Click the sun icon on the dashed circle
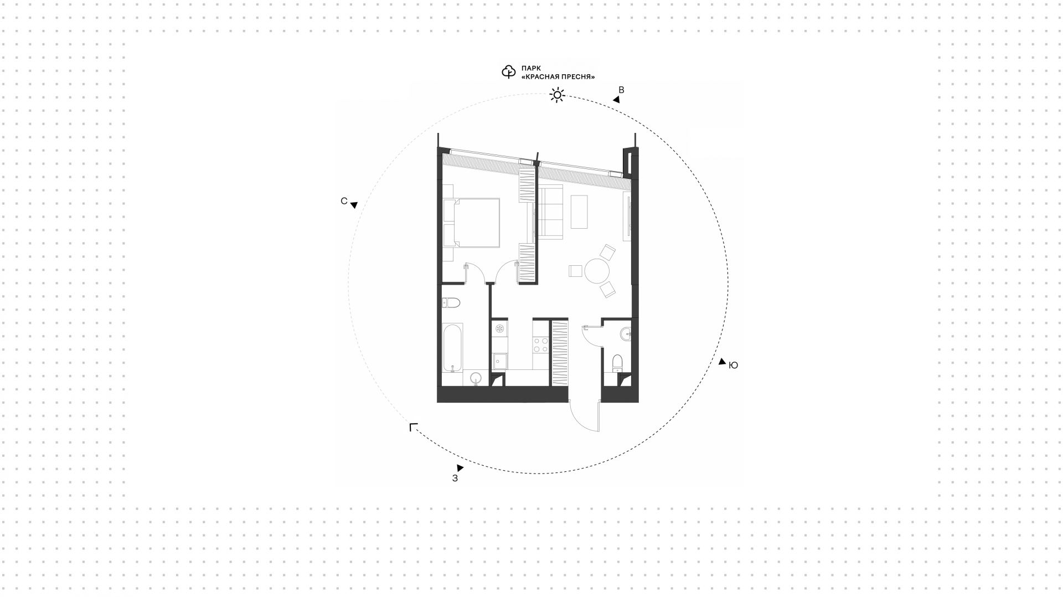point(557,95)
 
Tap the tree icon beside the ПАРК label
point(508,72)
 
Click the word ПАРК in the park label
point(531,68)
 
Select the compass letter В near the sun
point(621,90)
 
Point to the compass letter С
point(344,201)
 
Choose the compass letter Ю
point(733,366)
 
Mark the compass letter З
point(455,478)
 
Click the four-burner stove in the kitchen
point(540,344)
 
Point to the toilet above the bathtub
point(451,303)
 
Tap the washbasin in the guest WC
point(626,333)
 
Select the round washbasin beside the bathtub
point(476,379)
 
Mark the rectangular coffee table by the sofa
point(580,211)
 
